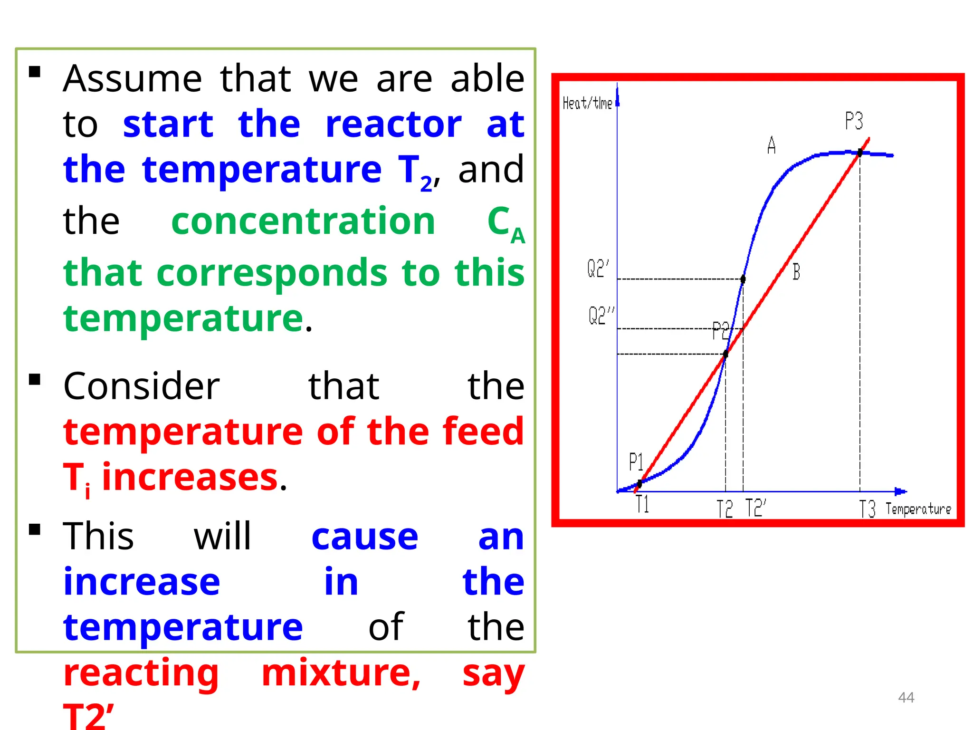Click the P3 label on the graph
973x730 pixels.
853,121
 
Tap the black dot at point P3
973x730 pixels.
860,153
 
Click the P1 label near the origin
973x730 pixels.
636,461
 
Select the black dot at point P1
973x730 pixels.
639,484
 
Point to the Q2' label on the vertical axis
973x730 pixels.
598,269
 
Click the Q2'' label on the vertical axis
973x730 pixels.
601,316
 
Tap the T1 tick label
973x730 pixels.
642,504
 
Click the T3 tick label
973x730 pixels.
868,509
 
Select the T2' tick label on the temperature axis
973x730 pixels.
755,508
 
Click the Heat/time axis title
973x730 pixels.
587,103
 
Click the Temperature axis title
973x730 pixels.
918,509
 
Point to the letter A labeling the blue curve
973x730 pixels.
772,145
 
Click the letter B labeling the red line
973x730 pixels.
796,272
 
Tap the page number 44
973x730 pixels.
906,697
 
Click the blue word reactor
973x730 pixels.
393,125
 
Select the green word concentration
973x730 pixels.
303,221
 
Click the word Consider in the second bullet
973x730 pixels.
141,386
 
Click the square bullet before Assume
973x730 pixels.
35,72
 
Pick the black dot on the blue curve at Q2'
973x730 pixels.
743,279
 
